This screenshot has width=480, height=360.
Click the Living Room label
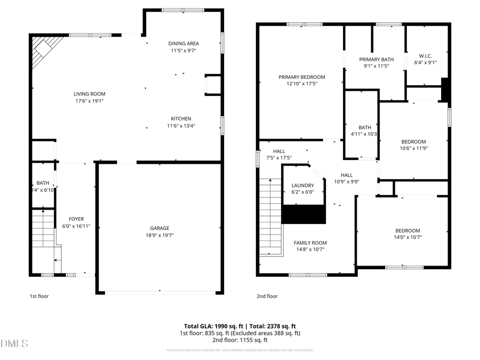point(89,94)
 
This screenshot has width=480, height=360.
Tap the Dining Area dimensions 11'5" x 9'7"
point(183,51)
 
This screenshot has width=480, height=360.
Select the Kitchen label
point(181,118)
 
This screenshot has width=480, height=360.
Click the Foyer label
point(76,219)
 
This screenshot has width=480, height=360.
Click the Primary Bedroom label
point(301,77)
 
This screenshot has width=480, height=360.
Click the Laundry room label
point(302,186)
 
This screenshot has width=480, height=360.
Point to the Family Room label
point(310,243)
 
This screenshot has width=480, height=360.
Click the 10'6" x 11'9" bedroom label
point(413,141)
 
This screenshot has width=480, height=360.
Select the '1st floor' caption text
point(38,296)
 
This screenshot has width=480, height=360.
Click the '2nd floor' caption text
point(267,296)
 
